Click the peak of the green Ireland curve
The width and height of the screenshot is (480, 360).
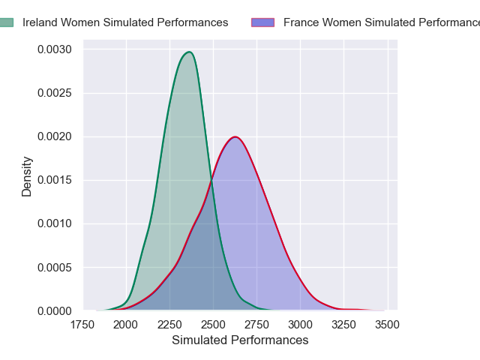190,52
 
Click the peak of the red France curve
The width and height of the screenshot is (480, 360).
235,136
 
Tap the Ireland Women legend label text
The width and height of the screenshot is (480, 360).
125,22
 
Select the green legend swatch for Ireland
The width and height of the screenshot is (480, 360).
6,22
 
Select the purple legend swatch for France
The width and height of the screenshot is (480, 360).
262,22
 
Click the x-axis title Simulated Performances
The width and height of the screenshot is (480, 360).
240,340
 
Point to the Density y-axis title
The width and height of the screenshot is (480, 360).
27,176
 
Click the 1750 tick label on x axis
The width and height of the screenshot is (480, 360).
82,325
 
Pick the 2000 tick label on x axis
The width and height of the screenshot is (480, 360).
126,325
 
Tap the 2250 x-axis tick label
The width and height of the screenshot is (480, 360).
169,325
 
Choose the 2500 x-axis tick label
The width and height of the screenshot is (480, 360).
213,325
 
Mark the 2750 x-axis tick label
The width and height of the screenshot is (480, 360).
256,325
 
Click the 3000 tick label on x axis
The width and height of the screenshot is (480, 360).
300,325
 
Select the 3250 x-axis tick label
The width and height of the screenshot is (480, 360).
343,325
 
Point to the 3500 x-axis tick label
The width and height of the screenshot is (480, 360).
387,325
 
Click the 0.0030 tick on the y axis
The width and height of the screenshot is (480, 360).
55,50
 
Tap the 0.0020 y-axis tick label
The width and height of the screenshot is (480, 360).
55,136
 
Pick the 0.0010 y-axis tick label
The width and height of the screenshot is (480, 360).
55,223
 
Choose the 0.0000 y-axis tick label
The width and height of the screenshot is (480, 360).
55,310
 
